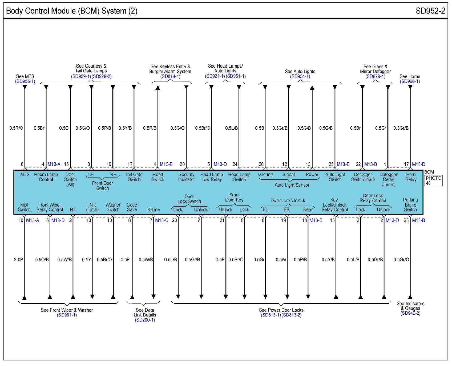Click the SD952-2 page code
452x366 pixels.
[430, 11]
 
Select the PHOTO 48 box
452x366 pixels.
[433, 180]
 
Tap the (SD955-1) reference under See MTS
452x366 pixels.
[25, 81]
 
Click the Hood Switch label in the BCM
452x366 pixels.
[158, 177]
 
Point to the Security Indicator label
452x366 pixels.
[186, 177]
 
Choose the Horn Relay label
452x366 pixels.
[411, 177]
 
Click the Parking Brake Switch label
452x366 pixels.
[410, 205]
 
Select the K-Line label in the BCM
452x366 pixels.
[154, 209]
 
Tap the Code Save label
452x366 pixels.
[132, 207]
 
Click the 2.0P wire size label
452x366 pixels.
[18, 260]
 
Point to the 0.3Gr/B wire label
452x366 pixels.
[401, 128]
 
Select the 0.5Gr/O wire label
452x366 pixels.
[401, 260]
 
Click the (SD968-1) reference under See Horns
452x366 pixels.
[410, 81]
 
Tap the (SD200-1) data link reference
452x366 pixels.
[145, 320]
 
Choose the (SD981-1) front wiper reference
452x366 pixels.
[67, 315]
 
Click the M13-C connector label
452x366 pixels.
[162, 220]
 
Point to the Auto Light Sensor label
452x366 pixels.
[292, 185]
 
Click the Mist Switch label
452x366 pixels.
[24, 207]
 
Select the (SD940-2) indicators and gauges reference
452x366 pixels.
[410, 313]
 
